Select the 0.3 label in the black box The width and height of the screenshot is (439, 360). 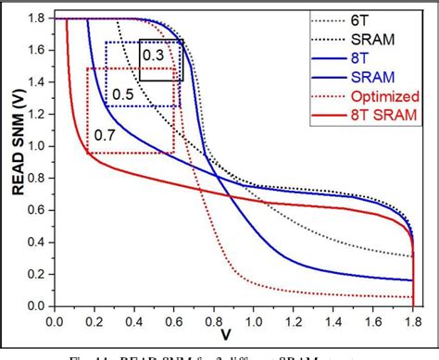154,55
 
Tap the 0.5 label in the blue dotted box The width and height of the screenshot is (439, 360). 122,93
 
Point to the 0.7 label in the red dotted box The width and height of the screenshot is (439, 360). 104,136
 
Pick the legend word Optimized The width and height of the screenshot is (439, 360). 383,94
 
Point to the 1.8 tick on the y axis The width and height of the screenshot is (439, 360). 38,19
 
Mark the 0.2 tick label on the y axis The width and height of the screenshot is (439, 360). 38,274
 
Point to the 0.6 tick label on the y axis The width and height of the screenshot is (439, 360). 38,210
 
